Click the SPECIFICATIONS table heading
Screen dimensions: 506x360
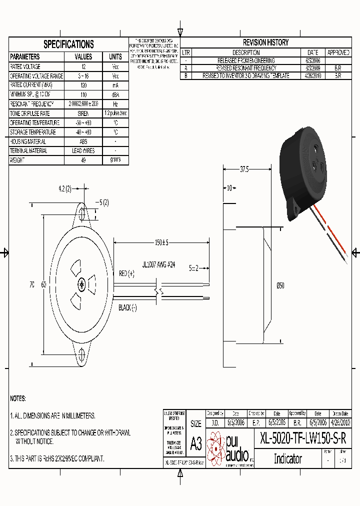click(68, 44)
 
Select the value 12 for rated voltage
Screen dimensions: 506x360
click(83, 66)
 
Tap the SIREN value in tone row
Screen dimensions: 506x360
click(83, 113)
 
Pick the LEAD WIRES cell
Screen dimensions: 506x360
click(83, 150)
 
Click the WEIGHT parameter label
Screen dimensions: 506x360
click(17, 160)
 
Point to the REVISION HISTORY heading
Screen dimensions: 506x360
click(265, 43)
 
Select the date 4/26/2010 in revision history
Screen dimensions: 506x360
click(312, 76)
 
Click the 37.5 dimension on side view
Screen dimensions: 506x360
click(244, 169)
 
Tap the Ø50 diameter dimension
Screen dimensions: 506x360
click(280, 285)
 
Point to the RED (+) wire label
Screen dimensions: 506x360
click(127, 273)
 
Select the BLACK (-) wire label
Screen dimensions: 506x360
click(127, 308)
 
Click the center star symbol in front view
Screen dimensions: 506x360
click(82, 285)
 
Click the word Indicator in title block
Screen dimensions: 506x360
click(288, 458)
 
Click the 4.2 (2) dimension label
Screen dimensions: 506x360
click(64, 188)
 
